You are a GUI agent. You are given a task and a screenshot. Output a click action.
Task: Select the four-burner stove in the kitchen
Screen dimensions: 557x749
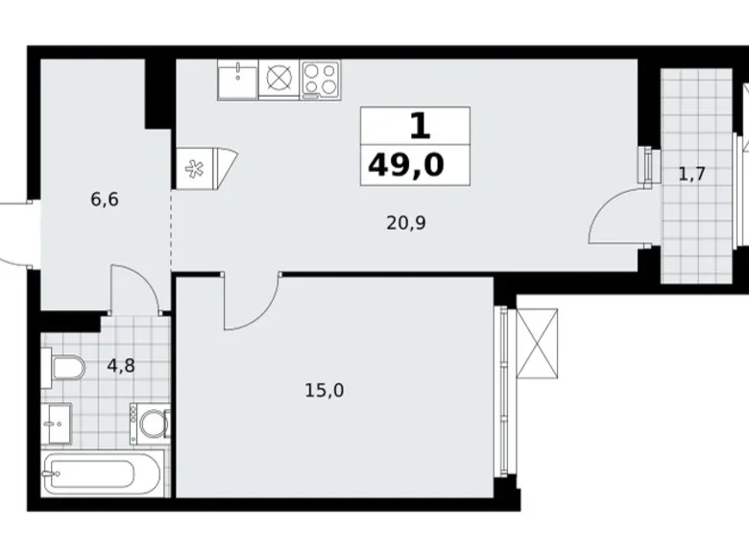tap(321, 79)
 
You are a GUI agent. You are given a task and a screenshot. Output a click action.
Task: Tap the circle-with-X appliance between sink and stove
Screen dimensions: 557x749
tap(278, 79)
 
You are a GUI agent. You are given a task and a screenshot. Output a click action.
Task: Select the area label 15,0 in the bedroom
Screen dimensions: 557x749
tap(325, 390)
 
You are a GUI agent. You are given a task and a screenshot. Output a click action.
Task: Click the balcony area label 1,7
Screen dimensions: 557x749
tap(692, 175)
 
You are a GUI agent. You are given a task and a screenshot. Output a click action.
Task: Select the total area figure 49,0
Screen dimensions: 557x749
tap(405, 165)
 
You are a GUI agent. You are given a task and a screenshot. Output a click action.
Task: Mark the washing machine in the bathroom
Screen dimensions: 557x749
tap(151, 424)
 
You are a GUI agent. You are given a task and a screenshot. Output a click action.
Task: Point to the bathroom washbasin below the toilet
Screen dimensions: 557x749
tap(57, 422)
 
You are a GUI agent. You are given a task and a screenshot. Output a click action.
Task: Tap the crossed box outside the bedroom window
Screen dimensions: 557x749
tap(538, 343)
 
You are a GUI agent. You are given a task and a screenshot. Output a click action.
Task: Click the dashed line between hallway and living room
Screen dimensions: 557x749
tap(172, 230)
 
